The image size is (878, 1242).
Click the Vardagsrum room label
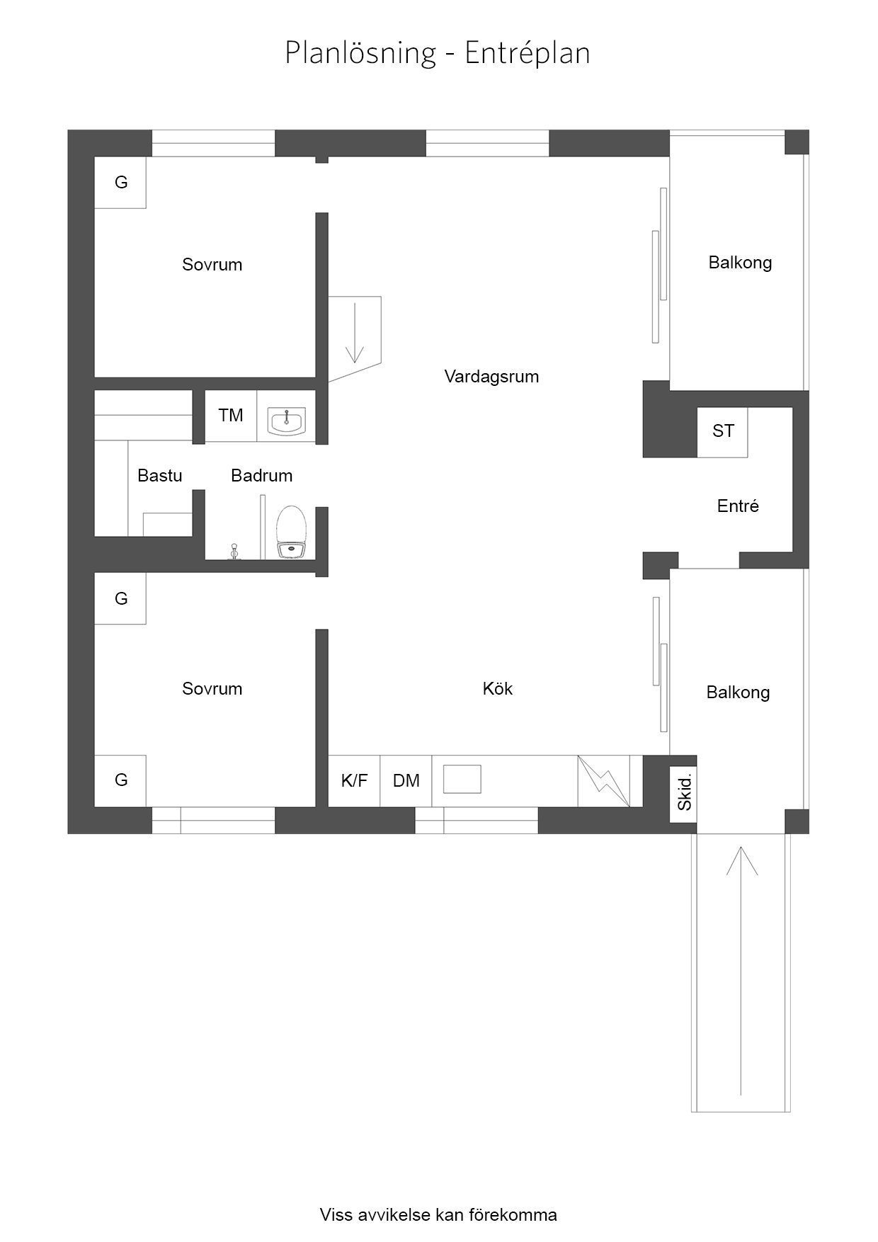click(491, 377)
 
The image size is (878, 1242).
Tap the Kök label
click(498, 688)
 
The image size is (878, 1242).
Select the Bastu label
click(160, 475)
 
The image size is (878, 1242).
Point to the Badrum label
click(262, 475)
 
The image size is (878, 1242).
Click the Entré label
click(738, 506)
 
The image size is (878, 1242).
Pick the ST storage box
click(722, 432)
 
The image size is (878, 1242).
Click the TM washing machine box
click(231, 416)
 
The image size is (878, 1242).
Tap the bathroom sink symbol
click(286, 421)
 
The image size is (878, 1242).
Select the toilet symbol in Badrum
click(292, 532)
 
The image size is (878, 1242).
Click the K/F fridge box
click(354, 781)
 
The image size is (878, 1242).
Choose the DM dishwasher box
click(406, 781)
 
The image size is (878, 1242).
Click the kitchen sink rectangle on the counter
click(462, 779)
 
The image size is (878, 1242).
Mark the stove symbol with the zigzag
click(603, 781)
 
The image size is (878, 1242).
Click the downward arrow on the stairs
click(354, 332)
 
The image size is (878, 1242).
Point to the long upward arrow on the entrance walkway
click(741, 971)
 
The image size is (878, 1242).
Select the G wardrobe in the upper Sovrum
click(120, 183)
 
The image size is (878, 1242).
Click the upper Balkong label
click(740, 263)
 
